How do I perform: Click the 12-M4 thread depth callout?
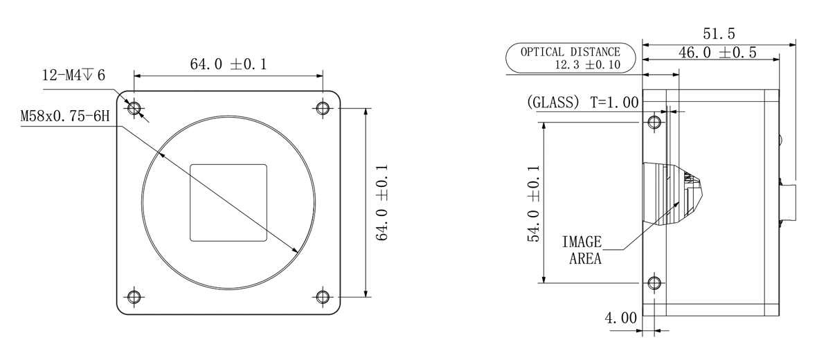point(73,75)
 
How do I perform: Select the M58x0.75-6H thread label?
point(65,116)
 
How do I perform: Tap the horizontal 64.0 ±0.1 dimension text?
point(228,64)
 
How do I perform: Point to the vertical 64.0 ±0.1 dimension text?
point(382,202)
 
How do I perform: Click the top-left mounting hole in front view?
point(134,109)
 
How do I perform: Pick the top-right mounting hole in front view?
point(323,109)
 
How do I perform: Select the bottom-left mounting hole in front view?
point(134,297)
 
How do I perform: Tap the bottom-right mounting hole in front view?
point(323,297)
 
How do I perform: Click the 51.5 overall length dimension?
point(719,34)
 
